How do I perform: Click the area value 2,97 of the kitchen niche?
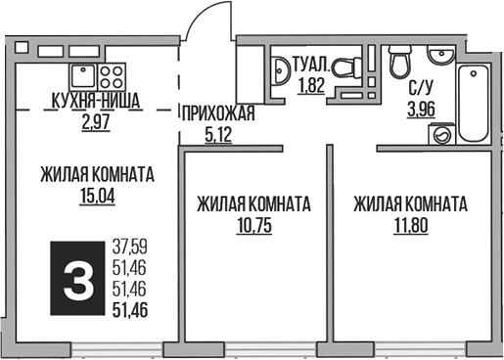(x=98, y=120)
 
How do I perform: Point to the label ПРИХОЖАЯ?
(x=216, y=115)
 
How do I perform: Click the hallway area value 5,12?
(x=216, y=135)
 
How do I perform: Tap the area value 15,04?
(x=97, y=195)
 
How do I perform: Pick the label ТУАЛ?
(x=311, y=66)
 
